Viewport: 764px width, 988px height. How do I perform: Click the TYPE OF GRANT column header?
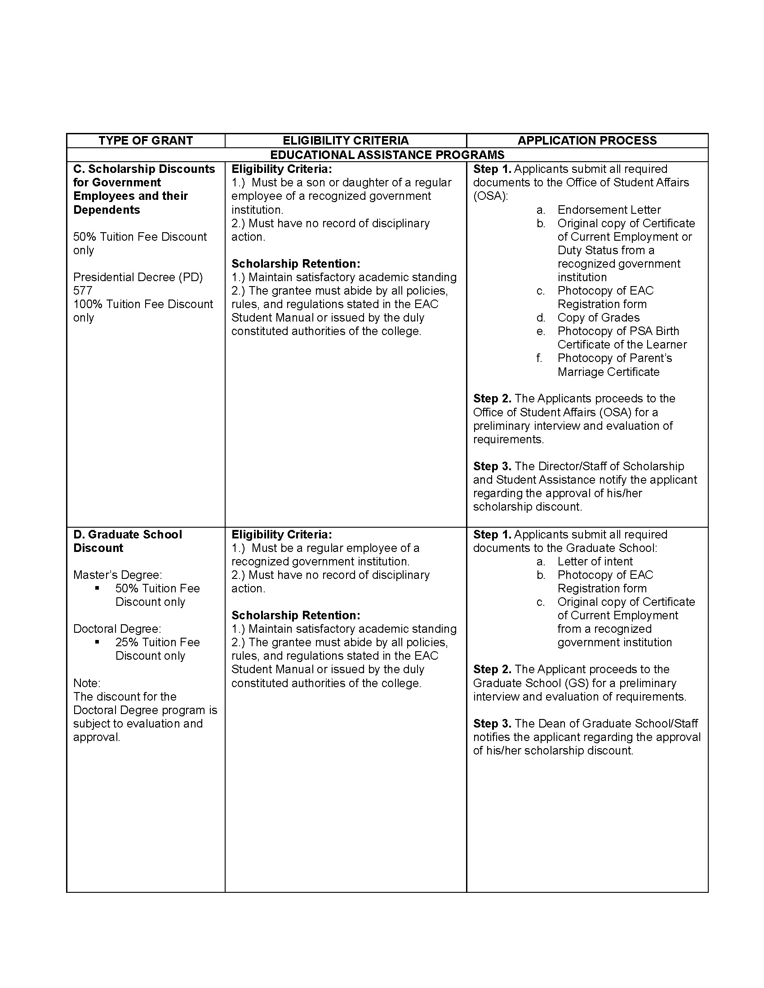tap(146, 141)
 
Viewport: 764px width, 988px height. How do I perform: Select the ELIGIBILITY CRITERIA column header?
tap(345, 141)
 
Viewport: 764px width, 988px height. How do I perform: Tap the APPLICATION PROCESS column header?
tap(587, 141)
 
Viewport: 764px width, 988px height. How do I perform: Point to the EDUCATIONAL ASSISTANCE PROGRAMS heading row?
tap(387, 155)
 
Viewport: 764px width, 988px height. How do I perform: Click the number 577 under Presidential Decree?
tap(83, 291)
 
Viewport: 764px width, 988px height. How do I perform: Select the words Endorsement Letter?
tap(609, 210)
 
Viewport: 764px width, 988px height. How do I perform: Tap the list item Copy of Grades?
tap(598, 318)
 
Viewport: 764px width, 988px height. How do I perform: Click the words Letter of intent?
tap(595, 561)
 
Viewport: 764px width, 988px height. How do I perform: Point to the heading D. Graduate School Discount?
tap(127, 541)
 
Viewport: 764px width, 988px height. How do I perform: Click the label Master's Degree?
tap(118, 575)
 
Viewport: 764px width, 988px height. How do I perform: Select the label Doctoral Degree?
tap(117, 629)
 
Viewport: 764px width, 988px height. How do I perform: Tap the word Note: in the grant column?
tap(87, 683)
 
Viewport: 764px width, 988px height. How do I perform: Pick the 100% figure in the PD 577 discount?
tap(87, 304)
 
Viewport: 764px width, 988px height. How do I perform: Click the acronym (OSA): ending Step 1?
tap(491, 196)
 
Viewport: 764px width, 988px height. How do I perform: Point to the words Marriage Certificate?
tap(609, 372)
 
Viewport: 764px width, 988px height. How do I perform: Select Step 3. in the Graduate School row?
tap(492, 723)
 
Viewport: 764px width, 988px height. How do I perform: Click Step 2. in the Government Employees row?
tap(492, 398)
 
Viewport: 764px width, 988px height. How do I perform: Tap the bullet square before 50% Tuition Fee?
tap(97, 588)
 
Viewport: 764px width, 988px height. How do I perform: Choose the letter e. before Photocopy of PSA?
tap(540, 331)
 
